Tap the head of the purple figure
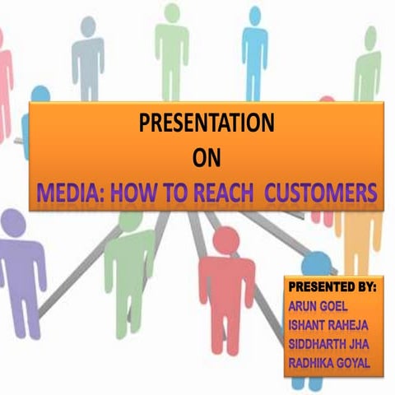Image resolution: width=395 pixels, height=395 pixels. coord(14,223)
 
